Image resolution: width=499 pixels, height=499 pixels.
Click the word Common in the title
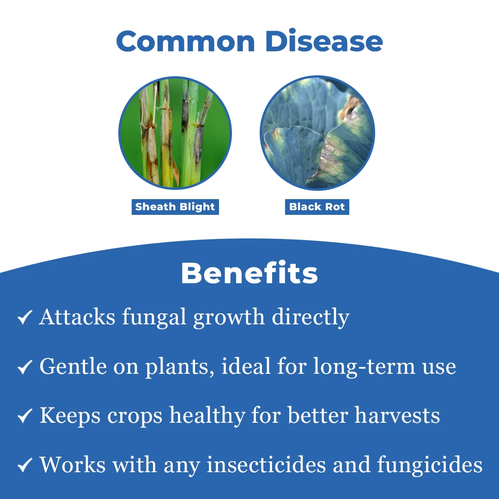click(x=186, y=41)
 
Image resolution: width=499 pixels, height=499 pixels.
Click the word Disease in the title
click(x=323, y=40)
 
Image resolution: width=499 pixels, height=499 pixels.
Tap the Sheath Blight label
click(x=176, y=207)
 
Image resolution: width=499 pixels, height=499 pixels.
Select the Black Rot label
click(x=317, y=207)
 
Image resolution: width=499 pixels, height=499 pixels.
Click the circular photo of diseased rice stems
click(x=175, y=133)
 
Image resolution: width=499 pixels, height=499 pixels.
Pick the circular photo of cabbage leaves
click(x=317, y=133)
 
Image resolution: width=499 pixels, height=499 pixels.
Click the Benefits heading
click(x=249, y=273)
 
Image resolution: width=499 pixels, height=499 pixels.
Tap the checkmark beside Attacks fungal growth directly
click(x=25, y=317)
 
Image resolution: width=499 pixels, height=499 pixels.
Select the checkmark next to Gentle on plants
click(x=25, y=367)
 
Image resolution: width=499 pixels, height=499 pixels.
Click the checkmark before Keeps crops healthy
click(x=25, y=416)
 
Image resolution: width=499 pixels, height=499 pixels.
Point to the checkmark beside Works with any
click(x=25, y=465)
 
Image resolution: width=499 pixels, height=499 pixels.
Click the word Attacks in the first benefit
click(x=77, y=317)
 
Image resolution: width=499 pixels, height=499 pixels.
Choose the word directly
click(x=310, y=317)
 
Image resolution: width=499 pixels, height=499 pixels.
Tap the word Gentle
click(x=73, y=366)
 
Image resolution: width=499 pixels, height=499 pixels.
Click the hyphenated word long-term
click(x=364, y=367)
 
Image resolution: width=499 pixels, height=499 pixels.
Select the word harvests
click(x=397, y=416)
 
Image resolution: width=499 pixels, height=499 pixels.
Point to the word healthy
click(x=207, y=416)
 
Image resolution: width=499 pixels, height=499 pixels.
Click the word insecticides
click(x=267, y=465)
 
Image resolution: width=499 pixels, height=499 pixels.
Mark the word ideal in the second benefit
click(x=246, y=366)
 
